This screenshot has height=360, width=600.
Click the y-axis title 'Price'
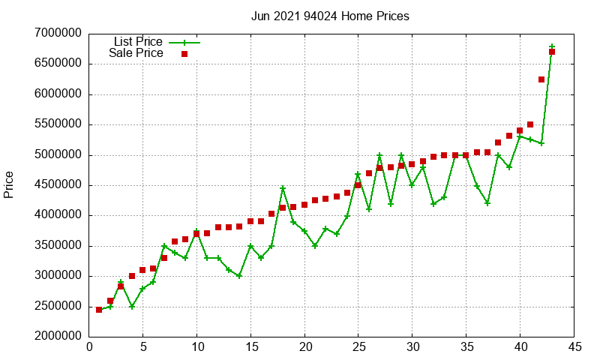[9, 184]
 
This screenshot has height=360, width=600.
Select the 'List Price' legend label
[137, 42]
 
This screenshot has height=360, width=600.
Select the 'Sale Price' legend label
[136, 53]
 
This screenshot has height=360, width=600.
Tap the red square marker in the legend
[184, 54]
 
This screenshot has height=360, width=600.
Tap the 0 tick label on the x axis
[89, 347]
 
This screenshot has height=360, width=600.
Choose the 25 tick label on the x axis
[358, 347]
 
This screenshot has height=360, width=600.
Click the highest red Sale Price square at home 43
[552, 52]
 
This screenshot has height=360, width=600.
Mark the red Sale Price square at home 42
[541, 79]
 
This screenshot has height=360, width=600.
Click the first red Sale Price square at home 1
[100, 310]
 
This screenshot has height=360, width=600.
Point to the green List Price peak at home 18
[283, 188]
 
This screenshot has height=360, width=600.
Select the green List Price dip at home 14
[240, 276]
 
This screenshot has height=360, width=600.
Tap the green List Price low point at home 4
[132, 306]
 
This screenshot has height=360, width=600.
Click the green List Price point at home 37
[487, 203]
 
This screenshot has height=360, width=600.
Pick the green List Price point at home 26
[369, 209]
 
